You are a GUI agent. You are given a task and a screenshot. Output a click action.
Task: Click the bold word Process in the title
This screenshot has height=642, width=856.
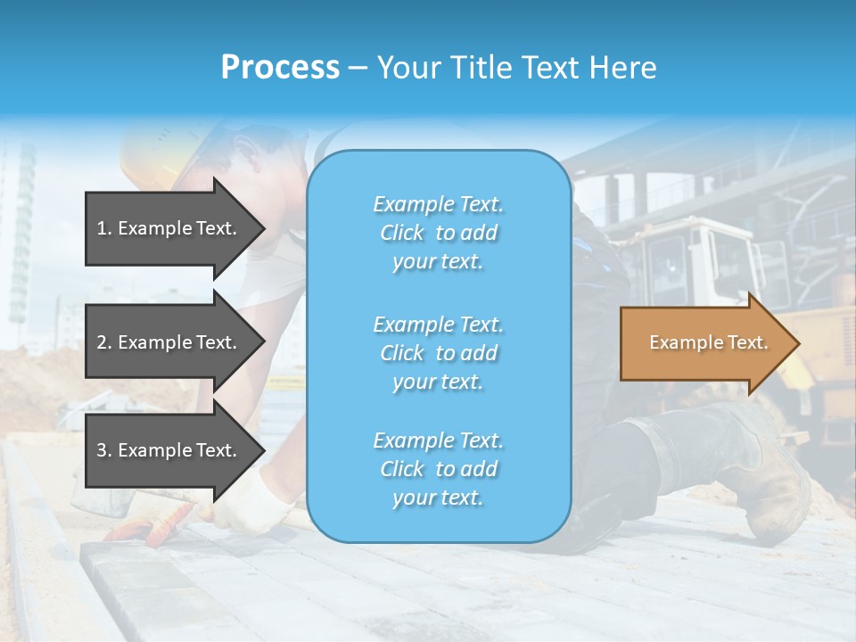pyautogui.click(x=280, y=68)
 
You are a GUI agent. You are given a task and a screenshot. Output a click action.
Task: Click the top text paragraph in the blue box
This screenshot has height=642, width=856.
pyautogui.click(x=438, y=233)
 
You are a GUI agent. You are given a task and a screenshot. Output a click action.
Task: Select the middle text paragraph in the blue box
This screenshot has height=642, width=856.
pyautogui.click(x=438, y=353)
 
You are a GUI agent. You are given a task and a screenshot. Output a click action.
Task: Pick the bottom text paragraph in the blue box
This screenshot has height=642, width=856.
pyautogui.click(x=438, y=469)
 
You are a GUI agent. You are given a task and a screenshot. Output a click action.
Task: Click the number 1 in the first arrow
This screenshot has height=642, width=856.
pyautogui.click(x=102, y=228)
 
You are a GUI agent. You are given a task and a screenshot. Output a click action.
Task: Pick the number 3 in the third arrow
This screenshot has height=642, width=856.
pyautogui.click(x=102, y=450)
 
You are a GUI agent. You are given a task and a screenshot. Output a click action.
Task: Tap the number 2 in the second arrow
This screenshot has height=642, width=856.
pyautogui.click(x=102, y=342)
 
